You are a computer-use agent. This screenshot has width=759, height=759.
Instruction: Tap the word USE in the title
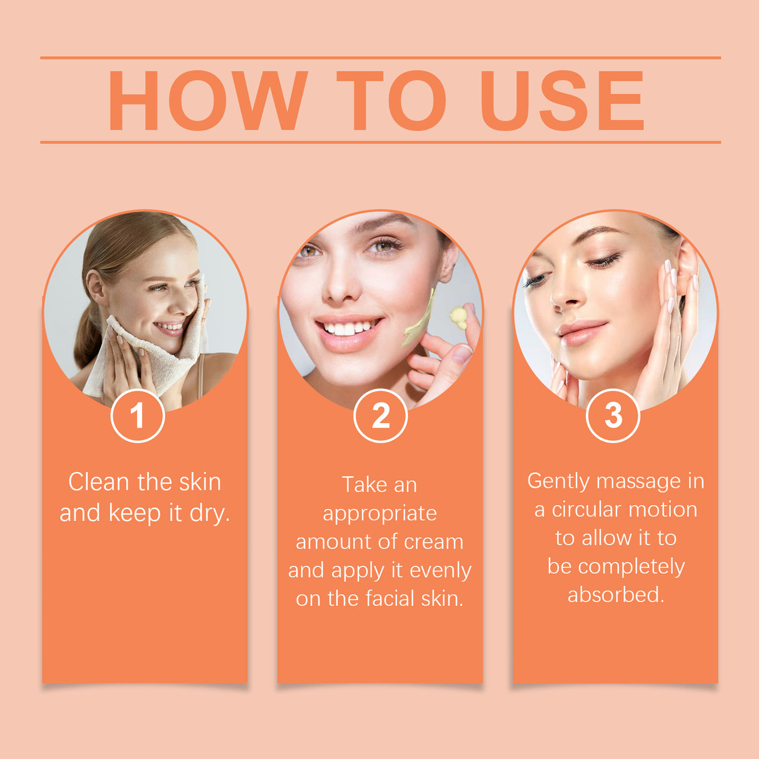[561, 101]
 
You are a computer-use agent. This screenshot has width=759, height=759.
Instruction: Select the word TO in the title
[391, 101]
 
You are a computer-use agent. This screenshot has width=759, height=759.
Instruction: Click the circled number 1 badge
[138, 416]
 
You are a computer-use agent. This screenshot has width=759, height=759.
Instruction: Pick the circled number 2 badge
[380, 416]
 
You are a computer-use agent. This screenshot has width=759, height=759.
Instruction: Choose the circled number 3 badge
[613, 415]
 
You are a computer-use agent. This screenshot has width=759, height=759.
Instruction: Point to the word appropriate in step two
[379, 513]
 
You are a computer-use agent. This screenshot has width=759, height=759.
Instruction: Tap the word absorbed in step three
[615, 595]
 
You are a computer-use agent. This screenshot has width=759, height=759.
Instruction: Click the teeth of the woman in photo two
[346, 328]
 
